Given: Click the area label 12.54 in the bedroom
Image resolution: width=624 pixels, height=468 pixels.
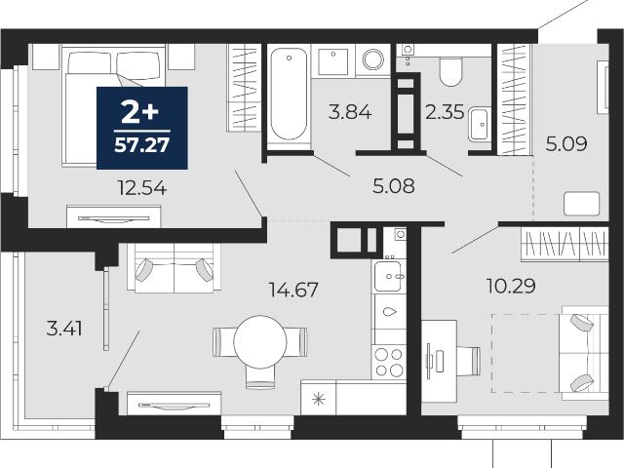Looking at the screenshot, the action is coord(142,188).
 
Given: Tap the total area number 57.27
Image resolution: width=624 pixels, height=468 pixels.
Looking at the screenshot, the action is coord(142,145).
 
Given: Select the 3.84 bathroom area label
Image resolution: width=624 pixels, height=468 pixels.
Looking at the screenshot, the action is coord(350,112).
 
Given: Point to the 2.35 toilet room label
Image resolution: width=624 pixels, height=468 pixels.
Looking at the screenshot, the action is coord(445,112).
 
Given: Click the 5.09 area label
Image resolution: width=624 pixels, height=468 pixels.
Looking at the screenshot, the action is coord(566,143).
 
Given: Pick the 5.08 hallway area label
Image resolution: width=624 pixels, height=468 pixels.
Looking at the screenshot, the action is coord(394,186).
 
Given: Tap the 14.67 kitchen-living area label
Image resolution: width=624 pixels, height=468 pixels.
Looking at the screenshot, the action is coord(293,290).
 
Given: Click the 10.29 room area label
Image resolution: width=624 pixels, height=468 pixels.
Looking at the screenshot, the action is coord(511,286).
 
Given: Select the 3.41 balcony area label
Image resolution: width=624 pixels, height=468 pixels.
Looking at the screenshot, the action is coord(64,330).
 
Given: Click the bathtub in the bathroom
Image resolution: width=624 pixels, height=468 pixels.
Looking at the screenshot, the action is coord(289,95).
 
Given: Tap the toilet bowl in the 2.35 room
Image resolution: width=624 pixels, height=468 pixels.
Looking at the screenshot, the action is coord(450,72).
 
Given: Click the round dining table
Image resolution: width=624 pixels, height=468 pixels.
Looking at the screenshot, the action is coord(260,342).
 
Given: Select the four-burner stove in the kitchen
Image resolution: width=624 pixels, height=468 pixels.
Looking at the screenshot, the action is coord(389,362).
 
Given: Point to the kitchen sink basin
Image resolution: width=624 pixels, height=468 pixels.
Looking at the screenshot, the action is coord(388,276).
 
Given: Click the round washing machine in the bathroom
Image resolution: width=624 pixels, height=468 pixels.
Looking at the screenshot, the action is coord(372,59).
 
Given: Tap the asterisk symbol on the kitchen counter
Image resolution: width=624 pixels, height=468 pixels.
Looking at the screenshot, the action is coord(319,399).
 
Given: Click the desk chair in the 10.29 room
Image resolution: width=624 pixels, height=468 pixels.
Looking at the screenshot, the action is coord(468,361).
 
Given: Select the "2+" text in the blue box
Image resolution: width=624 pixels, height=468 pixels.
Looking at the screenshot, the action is coord(140,112).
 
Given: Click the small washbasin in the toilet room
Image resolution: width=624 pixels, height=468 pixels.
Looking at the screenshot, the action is coord(479,124).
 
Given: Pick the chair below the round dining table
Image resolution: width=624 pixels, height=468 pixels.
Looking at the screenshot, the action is coord(260,377).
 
